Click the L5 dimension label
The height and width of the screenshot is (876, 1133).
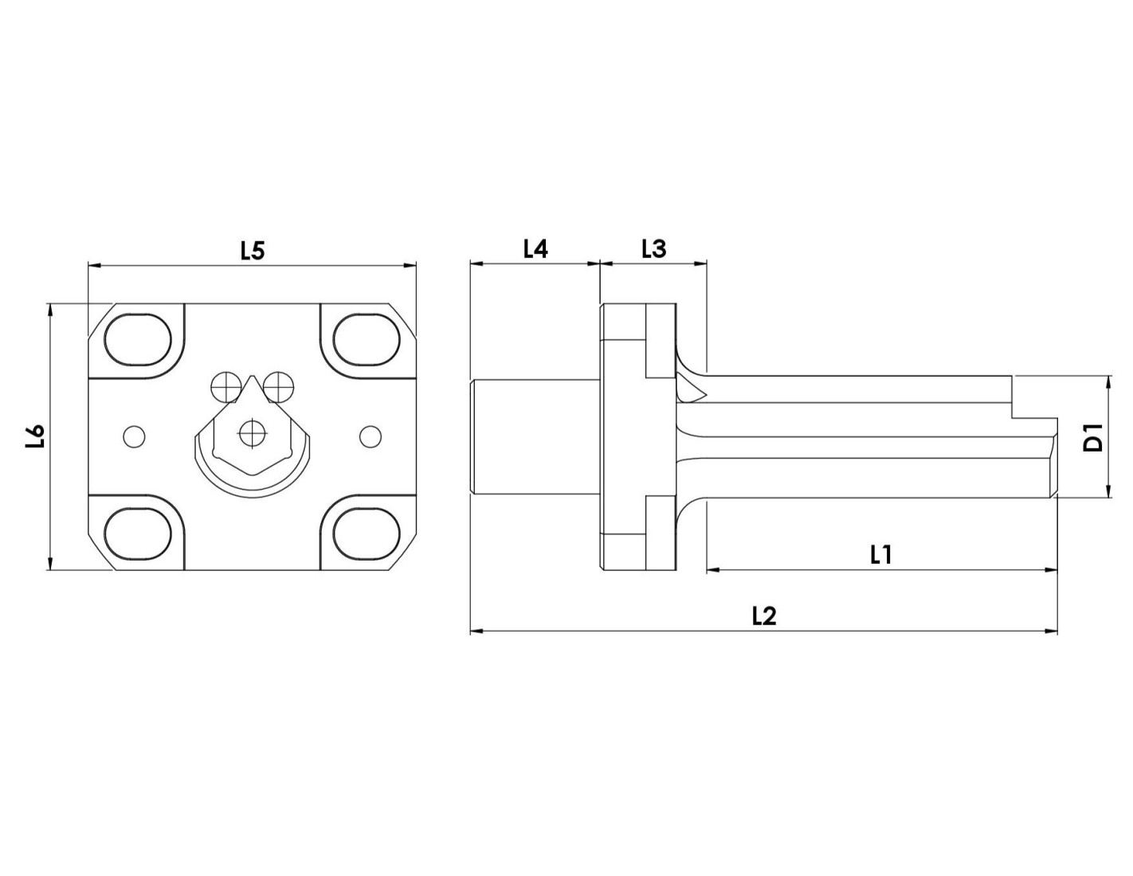pyautogui.click(x=253, y=251)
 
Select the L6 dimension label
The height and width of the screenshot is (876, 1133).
pyautogui.click(x=36, y=436)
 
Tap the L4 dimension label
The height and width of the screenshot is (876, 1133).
pyautogui.click(x=535, y=249)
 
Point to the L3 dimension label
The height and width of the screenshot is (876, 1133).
pyautogui.click(x=654, y=249)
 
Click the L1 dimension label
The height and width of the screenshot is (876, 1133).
pyautogui.click(x=881, y=555)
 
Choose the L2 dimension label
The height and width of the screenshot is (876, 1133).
pyautogui.click(x=764, y=616)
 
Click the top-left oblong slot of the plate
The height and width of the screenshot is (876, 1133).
pyautogui.click(x=138, y=340)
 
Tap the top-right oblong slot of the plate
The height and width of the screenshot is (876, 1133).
pyautogui.click(x=367, y=340)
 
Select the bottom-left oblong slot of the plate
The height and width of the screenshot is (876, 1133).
pyautogui.click(x=138, y=534)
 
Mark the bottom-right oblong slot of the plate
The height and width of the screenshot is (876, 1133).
pyautogui.click(x=367, y=534)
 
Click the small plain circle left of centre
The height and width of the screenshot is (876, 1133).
pyautogui.click(x=134, y=436)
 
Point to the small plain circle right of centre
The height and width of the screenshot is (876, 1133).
pyautogui.click(x=370, y=436)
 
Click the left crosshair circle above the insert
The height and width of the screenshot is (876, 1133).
pyautogui.click(x=226, y=387)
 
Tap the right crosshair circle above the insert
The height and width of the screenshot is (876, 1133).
pyautogui.click(x=279, y=387)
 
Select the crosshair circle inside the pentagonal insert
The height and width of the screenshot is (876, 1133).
pyautogui.click(x=253, y=432)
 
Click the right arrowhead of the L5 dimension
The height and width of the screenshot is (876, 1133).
pyautogui.click(x=410, y=266)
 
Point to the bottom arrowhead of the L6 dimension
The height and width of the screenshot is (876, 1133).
pyautogui.click(x=50, y=563)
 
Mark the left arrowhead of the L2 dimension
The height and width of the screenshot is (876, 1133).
pyautogui.click(x=477, y=631)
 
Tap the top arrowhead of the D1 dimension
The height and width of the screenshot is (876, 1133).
pyautogui.click(x=1108, y=382)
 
